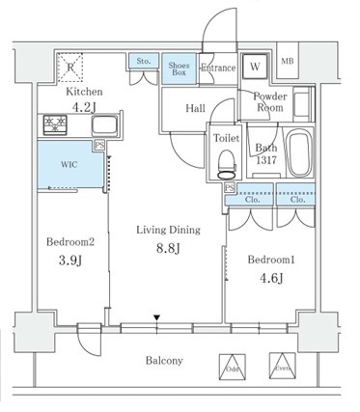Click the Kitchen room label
tap(84, 92)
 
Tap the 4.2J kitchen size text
tap(84, 107)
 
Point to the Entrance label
tap(217, 69)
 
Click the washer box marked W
tap(254, 68)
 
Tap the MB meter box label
tap(288, 63)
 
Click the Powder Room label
tap(271, 103)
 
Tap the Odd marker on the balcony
tap(232, 367)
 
